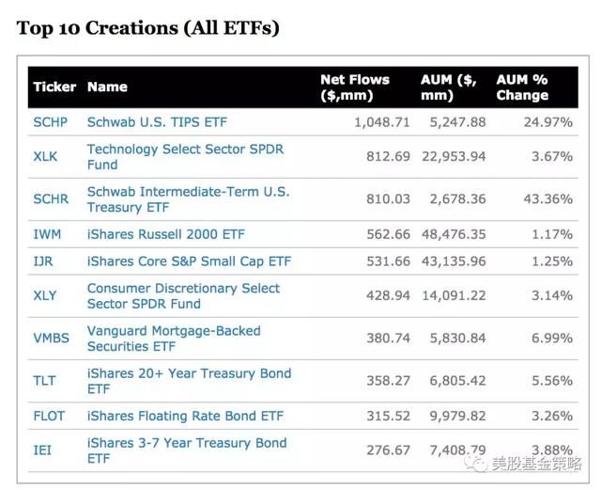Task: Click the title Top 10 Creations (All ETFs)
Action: [x=147, y=28]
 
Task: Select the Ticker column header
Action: [x=54, y=87]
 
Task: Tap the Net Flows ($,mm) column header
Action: [x=354, y=87]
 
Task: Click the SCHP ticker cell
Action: [x=51, y=122]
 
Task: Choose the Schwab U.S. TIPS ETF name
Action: [x=157, y=122]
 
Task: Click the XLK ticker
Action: [x=45, y=157]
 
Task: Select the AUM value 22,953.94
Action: [x=453, y=156]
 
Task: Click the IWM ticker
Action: [x=46, y=233]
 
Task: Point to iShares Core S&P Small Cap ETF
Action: [x=189, y=261]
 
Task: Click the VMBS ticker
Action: [x=51, y=338]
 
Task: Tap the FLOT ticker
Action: [x=49, y=416]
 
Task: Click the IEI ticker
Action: [x=42, y=450]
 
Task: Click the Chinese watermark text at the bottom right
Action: [x=535, y=464]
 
